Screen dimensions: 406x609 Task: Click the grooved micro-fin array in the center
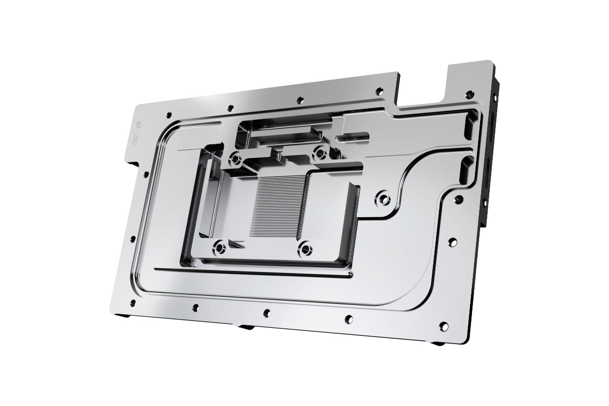coord(278,206)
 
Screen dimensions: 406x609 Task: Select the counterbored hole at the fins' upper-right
coord(320,152)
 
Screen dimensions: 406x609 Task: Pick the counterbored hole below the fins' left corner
coord(219,248)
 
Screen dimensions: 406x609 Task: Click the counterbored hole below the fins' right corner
coord(305,249)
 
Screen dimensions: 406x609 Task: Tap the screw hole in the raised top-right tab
coord(469,94)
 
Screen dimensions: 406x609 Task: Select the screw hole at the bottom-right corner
coord(444,326)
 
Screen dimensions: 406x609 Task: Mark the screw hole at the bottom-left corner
coord(133,303)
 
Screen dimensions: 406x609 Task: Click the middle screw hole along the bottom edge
coord(266,313)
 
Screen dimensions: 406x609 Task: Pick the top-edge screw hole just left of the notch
coord(379,91)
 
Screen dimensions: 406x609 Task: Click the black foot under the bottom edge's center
coord(246,326)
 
